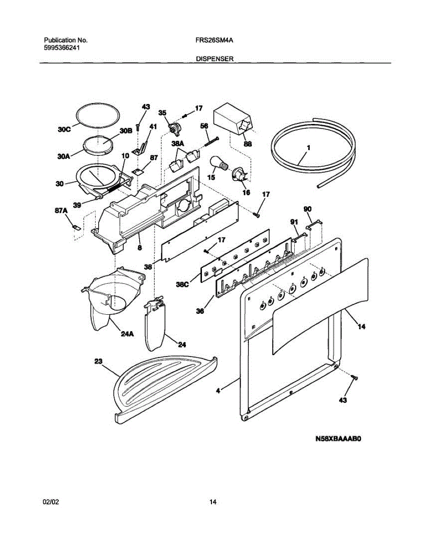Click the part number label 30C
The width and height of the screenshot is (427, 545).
65,129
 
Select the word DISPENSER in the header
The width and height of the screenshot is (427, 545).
215,59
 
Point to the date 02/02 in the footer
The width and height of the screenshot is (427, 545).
51,502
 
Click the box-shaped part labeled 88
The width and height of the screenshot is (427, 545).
232,119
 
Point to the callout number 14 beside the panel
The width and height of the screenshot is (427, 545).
362,326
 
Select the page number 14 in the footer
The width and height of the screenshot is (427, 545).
213,502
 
